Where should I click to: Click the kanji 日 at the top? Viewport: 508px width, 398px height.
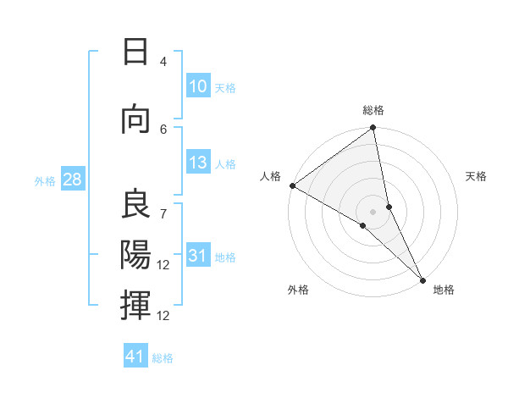coord(135,53)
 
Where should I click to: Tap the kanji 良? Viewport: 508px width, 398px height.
coord(135,204)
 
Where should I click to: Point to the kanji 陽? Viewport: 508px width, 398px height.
coord(135,253)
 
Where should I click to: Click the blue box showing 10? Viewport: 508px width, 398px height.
coord(198,86)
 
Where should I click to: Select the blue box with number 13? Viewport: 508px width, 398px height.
coord(198,163)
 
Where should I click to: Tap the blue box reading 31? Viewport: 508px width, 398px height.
coord(198,256)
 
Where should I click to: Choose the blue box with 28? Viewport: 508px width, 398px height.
coord(71,180)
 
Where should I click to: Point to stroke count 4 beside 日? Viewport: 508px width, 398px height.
coord(163,62)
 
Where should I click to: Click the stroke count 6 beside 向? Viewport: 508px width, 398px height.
coord(163,129)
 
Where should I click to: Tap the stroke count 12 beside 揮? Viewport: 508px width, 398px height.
coord(163,315)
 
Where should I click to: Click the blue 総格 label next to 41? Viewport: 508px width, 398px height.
coord(163,358)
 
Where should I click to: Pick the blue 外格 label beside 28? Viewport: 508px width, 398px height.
coord(45,180)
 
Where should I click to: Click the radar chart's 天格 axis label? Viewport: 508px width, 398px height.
coord(477,176)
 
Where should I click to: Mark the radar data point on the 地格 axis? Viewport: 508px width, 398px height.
coord(422,279)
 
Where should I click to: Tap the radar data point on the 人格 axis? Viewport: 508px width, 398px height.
coord(292,185)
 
